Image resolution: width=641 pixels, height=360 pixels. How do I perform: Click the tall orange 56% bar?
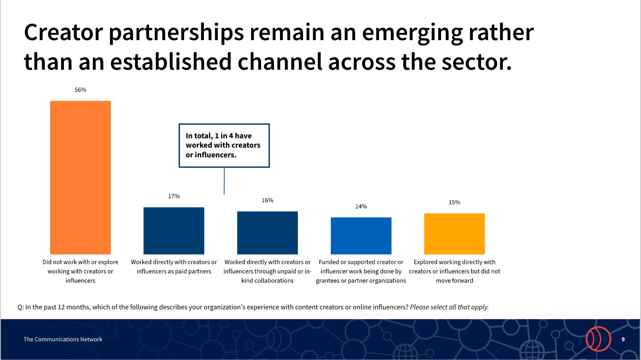point(80,178)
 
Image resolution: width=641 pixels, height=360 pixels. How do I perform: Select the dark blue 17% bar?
point(174,231)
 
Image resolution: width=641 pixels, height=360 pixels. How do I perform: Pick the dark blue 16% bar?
point(267,233)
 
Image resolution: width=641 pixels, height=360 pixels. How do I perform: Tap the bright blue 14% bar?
point(361,236)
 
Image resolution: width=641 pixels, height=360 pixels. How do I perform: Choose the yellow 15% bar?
point(454,234)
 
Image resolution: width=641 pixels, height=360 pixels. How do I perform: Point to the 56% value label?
point(80,90)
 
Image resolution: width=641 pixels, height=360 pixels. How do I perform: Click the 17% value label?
point(174,196)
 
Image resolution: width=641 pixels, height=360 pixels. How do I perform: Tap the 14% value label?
point(361,206)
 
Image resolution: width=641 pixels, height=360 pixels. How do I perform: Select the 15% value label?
point(454,203)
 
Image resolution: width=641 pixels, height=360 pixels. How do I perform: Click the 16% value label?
point(267,200)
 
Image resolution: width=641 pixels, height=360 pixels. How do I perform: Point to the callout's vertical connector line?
point(224,181)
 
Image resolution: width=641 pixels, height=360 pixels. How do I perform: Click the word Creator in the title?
point(63,32)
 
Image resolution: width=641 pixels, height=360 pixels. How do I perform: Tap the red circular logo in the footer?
point(598,339)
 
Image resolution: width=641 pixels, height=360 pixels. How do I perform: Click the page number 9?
point(623,339)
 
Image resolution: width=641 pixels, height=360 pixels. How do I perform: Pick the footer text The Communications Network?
point(63,339)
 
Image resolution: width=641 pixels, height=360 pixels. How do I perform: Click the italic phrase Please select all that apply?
point(449,307)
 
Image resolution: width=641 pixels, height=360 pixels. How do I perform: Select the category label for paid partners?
point(174,267)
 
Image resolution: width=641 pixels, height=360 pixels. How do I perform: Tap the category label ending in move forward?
point(454,271)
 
